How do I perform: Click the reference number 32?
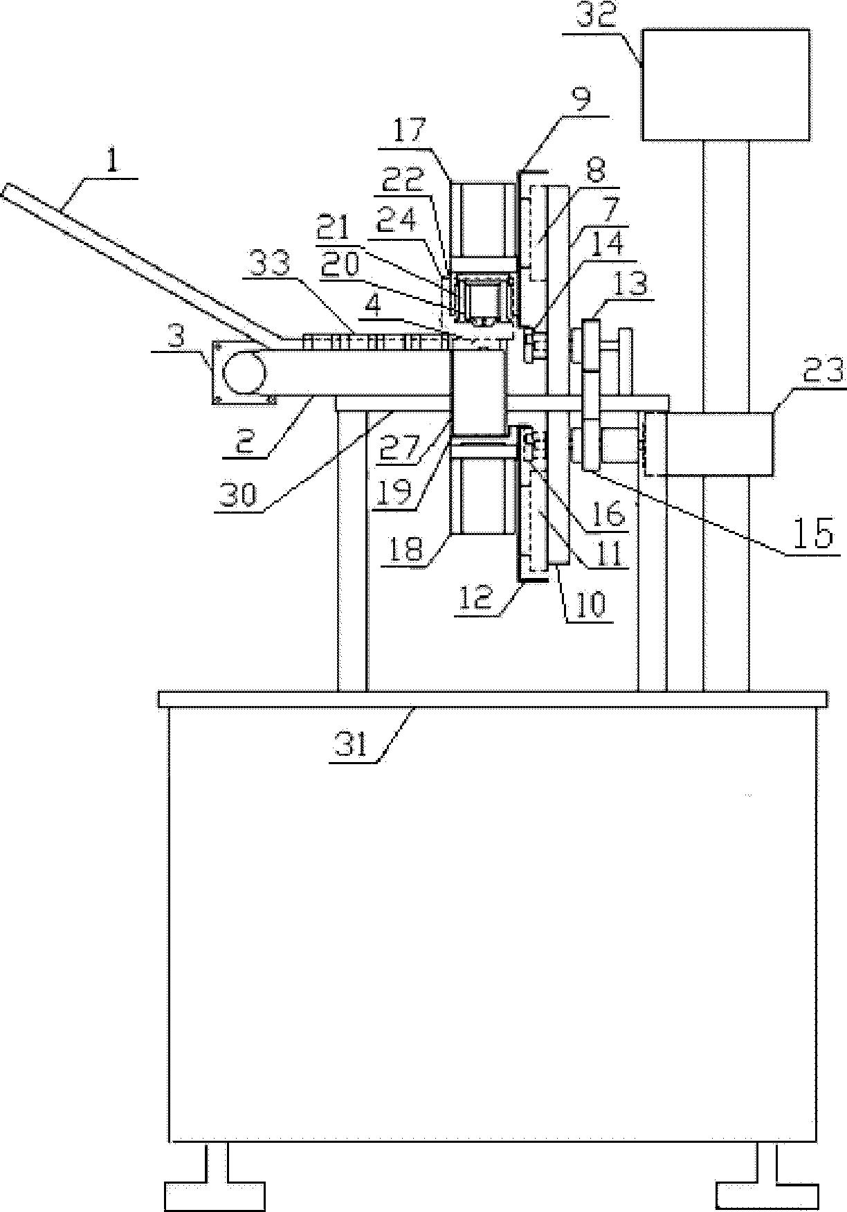598,14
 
